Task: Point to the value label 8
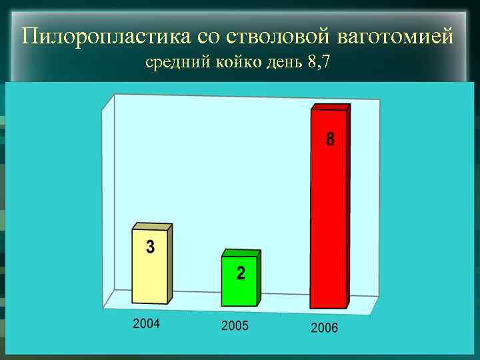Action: point(330,140)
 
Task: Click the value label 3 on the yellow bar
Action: point(150,247)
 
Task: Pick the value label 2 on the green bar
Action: point(240,273)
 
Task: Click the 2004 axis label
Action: point(147,324)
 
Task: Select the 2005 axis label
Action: point(235,326)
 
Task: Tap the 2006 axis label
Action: point(324,328)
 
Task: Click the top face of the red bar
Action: point(331,107)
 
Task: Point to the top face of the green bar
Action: point(241,253)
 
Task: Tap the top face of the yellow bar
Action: point(152,227)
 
